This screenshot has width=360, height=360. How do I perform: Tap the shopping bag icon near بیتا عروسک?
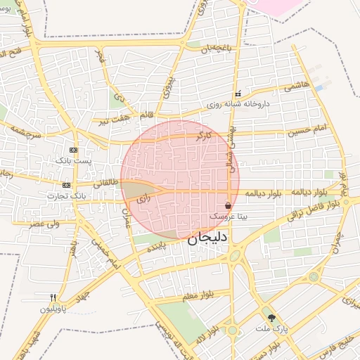tap(229, 206)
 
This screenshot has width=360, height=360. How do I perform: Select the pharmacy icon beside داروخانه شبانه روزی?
tap(238, 94)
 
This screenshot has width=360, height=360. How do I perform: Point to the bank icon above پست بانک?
tap(74, 150)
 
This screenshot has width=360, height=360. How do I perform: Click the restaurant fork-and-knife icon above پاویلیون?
tap(53, 297)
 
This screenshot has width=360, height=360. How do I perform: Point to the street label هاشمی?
tap(296, 86)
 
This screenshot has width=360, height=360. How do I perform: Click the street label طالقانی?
tap(105, 181)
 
